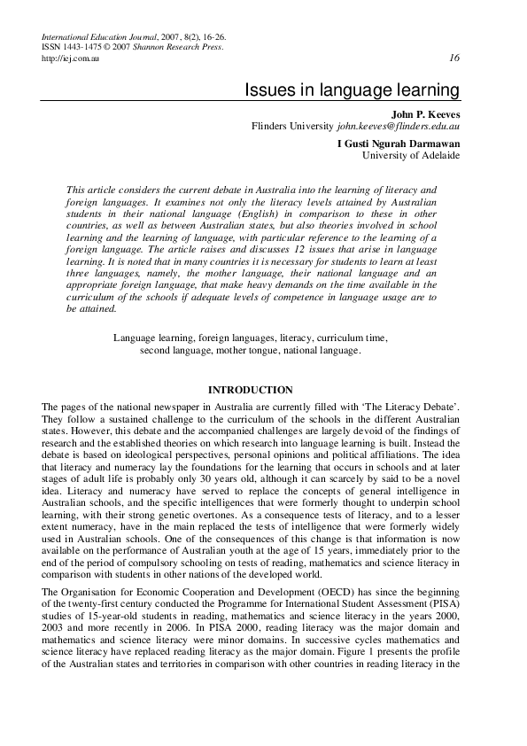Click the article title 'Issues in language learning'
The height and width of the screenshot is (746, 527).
352,90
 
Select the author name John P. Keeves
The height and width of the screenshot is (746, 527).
425,113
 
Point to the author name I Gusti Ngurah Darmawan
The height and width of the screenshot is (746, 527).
399,143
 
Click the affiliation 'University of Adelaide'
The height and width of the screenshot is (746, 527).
411,155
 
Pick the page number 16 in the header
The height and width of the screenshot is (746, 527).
454,58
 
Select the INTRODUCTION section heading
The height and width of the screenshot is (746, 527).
249,390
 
